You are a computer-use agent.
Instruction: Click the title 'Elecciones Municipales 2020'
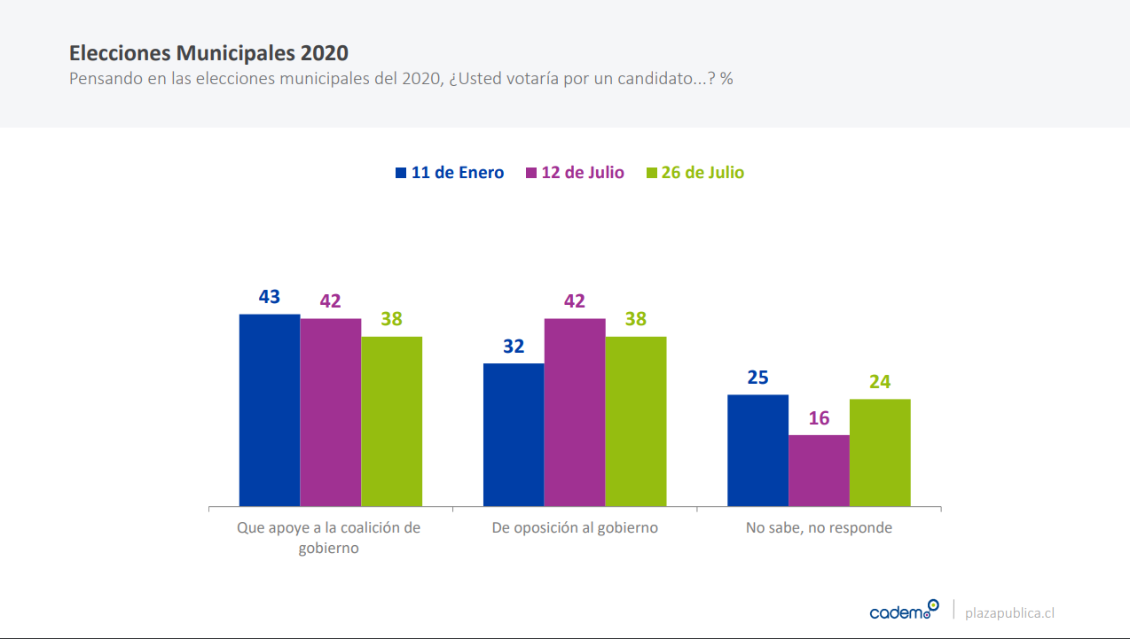(x=208, y=52)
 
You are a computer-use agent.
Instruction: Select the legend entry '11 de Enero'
(x=457, y=173)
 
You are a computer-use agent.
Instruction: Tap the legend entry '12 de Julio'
(x=582, y=173)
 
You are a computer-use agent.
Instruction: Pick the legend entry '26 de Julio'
(x=702, y=173)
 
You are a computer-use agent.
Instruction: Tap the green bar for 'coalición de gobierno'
(x=391, y=422)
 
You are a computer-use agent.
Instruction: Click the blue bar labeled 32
(x=514, y=435)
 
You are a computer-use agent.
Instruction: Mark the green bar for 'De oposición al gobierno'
(x=636, y=422)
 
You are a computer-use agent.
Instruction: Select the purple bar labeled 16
(x=819, y=471)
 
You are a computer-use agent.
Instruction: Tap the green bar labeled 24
(x=880, y=453)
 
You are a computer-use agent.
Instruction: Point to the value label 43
(x=270, y=296)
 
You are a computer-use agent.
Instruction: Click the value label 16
(x=819, y=417)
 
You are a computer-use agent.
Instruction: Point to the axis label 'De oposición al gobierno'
(x=575, y=528)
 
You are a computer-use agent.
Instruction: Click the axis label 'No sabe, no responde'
(x=819, y=528)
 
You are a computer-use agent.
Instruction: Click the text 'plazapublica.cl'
(x=1009, y=612)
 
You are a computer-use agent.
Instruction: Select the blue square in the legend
(x=401, y=173)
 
